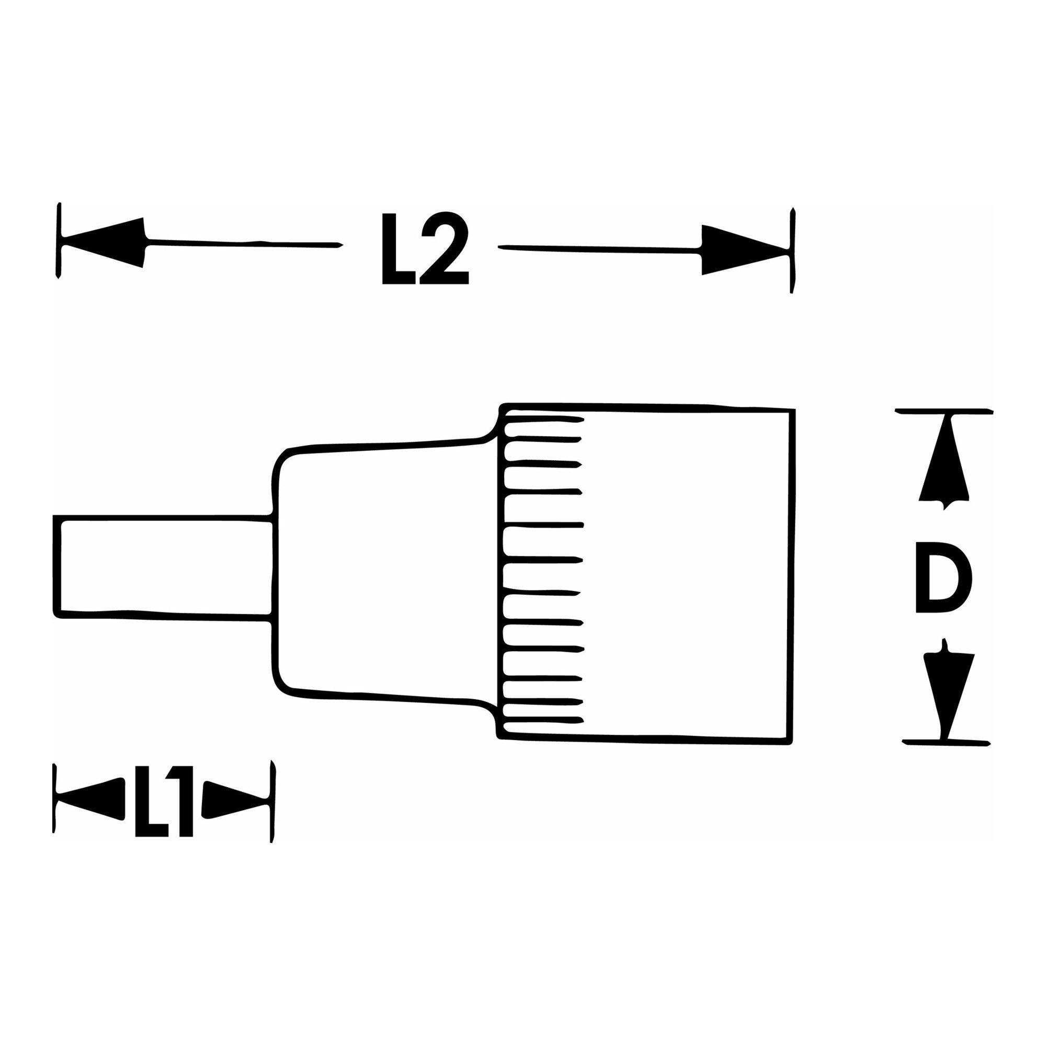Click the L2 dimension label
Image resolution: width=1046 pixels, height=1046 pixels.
click(x=426, y=248)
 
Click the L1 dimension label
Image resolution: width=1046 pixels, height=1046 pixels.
click(x=164, y=809)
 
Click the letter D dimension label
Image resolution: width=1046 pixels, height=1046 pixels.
click(x=943, y=578)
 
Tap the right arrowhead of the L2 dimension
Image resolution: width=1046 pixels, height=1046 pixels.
click(x=745, y=249)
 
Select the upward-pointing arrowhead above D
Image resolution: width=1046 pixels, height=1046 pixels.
click(x=943, y=462)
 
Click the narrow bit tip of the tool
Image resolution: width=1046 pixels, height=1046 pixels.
click(x=163, y=566)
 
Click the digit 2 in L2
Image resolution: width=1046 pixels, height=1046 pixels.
click(x=445, y=248)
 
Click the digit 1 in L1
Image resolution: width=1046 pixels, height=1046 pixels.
click(x=179, y=809)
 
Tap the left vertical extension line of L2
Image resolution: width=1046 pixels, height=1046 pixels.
click(x=59, y=241)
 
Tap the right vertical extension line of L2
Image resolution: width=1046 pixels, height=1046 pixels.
click(x=793, y=250)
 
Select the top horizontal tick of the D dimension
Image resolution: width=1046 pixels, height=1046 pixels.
click(x=943, y=411)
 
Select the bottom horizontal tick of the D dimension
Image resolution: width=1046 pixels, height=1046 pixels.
click(x=946, y=743)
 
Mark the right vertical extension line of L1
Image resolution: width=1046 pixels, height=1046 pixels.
click(x=273, y=809)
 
